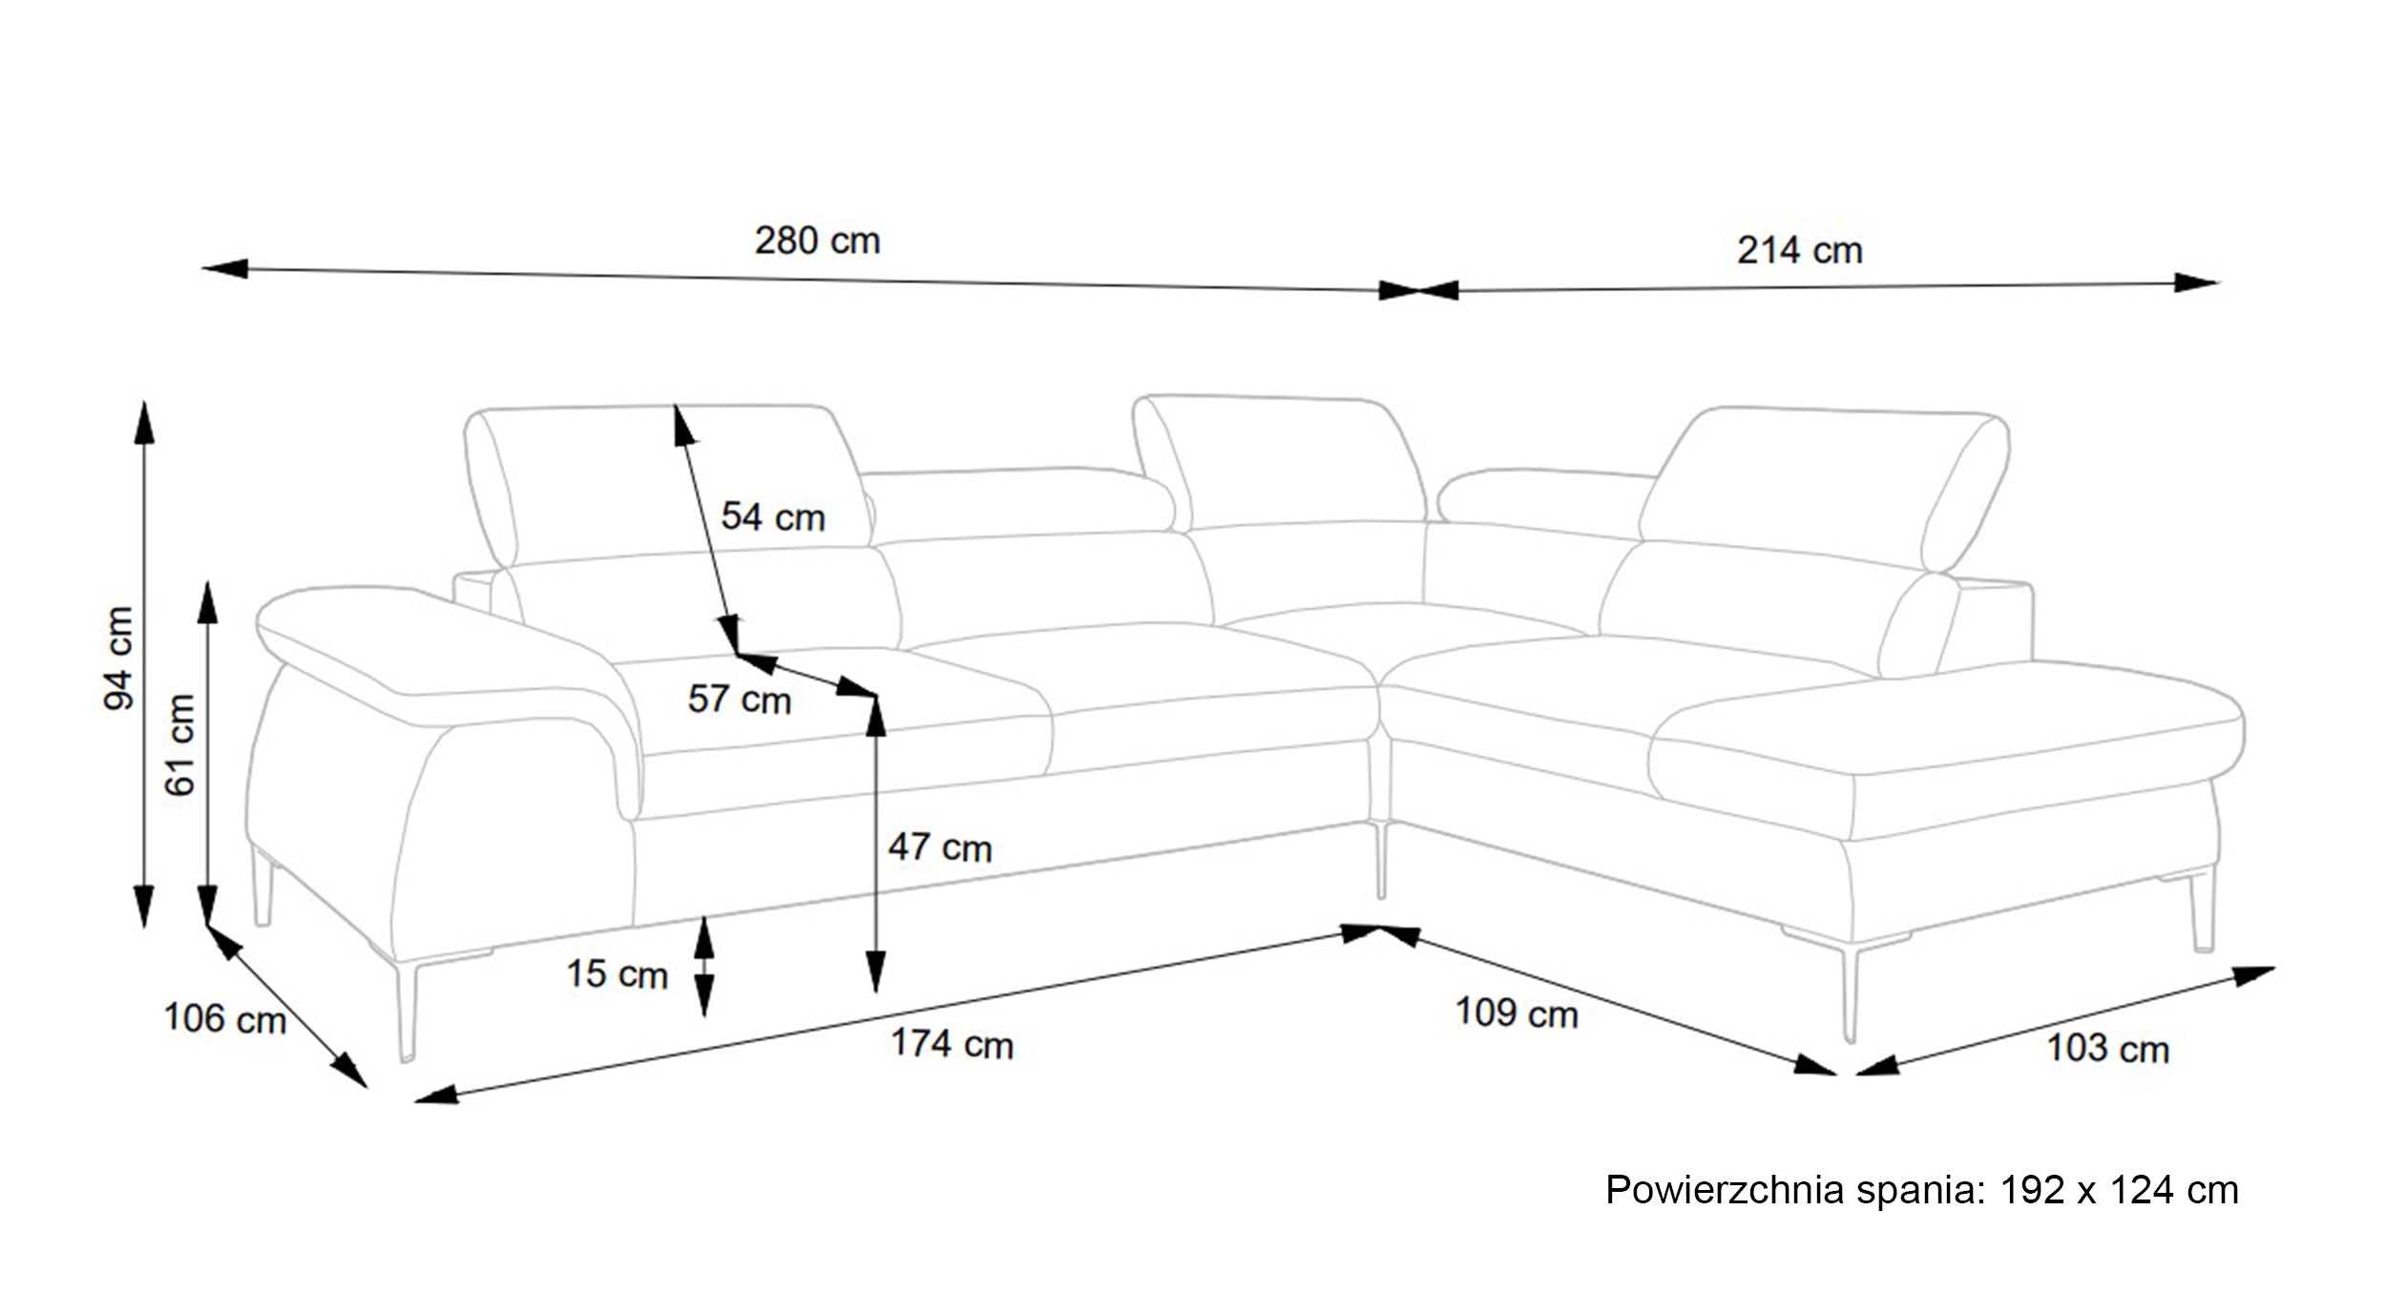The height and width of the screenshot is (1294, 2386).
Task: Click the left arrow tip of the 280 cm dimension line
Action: [202, 268]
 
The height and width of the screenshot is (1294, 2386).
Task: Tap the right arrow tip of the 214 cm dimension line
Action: [2218, 282]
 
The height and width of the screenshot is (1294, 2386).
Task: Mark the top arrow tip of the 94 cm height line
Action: [144, 401]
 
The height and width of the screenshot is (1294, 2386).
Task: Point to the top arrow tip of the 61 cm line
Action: [207, 581]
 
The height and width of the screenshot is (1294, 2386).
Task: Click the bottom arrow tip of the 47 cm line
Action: [875, 992]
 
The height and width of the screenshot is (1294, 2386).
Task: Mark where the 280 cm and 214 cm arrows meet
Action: [1418, 290]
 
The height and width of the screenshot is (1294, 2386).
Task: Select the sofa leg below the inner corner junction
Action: [1380, 859]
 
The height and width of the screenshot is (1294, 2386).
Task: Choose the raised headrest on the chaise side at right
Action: [1825, 489]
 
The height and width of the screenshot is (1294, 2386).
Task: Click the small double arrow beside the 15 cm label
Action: [703, 966]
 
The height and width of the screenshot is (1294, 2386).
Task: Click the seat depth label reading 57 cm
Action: [740, 699]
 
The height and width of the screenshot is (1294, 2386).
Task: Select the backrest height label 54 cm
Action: [773, 517]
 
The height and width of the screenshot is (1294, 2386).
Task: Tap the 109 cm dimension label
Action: [1517, 1012]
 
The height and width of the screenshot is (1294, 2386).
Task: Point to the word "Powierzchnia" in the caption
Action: [1725, 1191]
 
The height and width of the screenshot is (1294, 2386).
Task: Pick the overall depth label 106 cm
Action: [225, 1018]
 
